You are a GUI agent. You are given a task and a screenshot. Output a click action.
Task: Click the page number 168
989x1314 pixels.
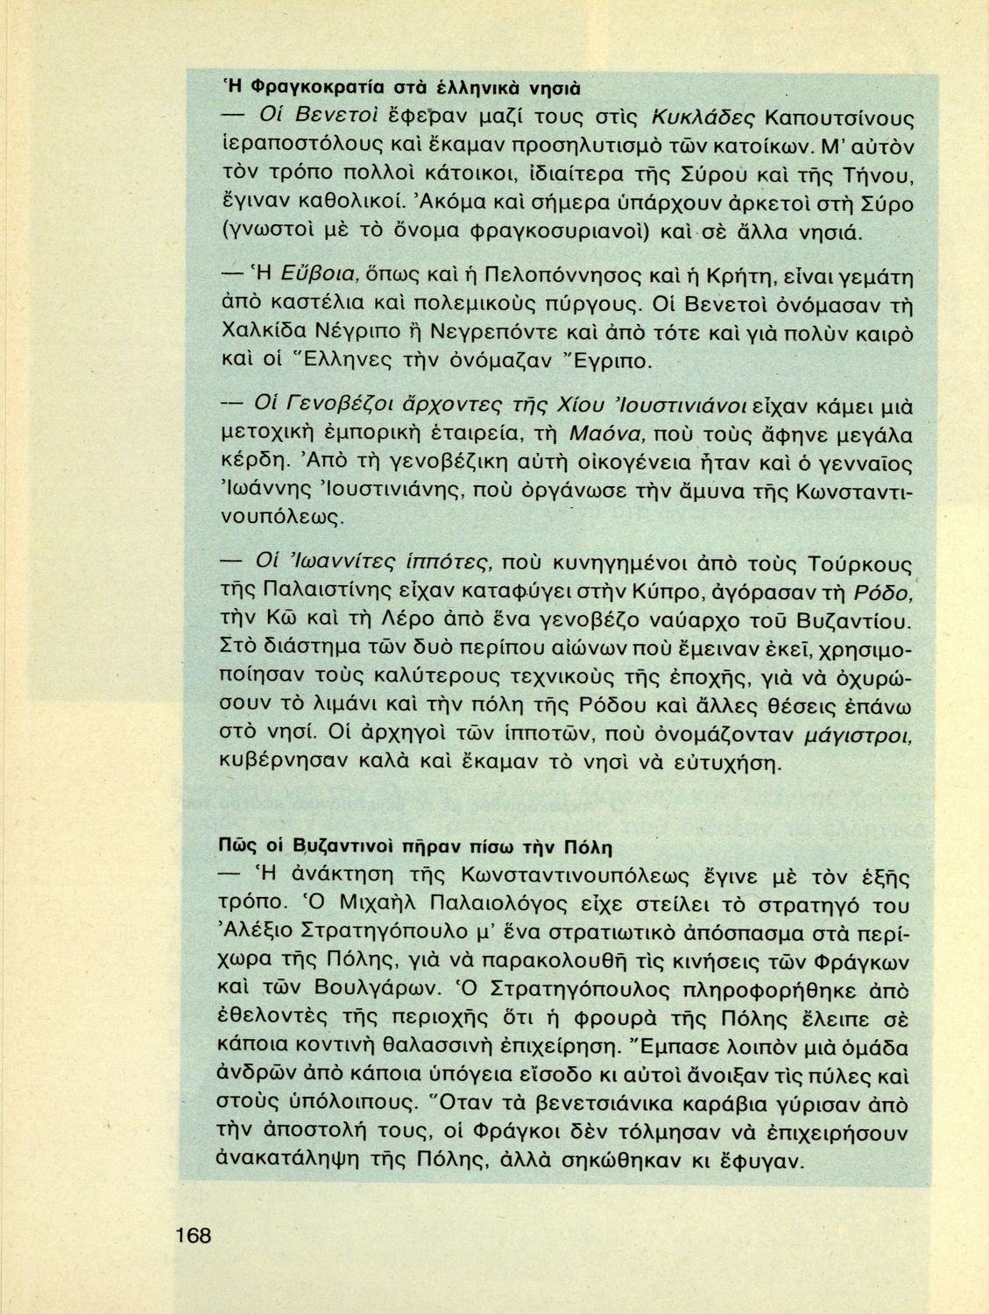tap(193, 1236)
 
